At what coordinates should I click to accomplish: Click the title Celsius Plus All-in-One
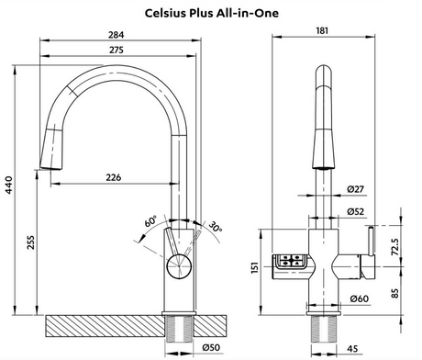[x=211, y=13]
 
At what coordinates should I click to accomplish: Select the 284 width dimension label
[x=117, y=35]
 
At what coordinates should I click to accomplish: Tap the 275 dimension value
[x=117, y=50]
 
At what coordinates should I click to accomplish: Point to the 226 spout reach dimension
[x=114, y=177]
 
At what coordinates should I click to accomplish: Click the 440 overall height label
[x=9, y=185]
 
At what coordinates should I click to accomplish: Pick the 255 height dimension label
[x=31, y=242]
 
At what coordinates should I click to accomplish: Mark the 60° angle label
[x=150, y=221]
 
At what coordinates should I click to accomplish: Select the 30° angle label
[x=216, y=227]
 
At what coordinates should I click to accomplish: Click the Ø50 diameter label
[x=211, y=347]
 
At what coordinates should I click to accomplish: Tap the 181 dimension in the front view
[x=322, y=30]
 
